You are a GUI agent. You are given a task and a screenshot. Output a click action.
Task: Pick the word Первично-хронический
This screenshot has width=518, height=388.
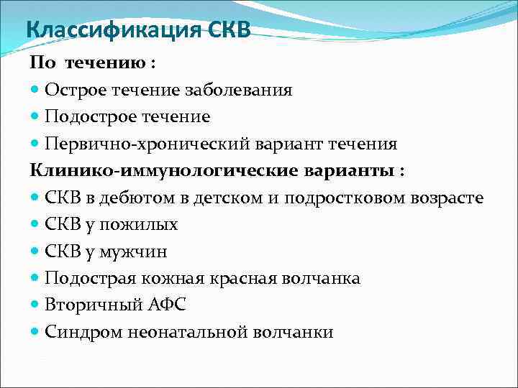click(132, 144)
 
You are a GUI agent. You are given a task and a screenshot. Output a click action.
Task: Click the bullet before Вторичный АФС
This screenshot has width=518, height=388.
click(35, 305)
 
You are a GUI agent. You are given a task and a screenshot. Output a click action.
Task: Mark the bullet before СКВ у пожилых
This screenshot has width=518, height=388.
click(35, 224)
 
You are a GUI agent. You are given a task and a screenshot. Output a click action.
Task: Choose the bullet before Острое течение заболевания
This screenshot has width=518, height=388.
click(35, 90)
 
